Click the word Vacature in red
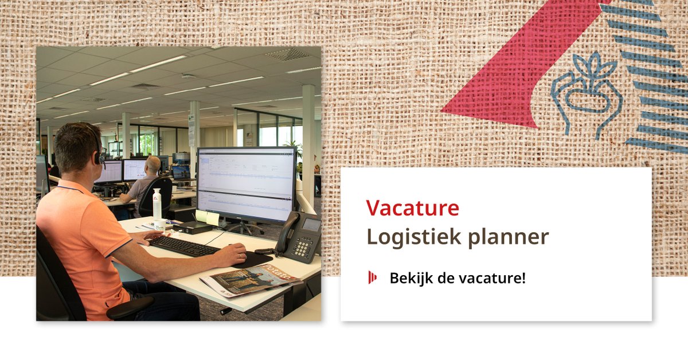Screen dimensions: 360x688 pyautogui.click(x=412, y=208)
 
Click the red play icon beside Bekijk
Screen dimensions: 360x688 pyautogui.click(x=372, y=278)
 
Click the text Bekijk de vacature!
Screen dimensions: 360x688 pyautogui.click(x=457, y=279)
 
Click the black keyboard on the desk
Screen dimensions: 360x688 pyautogui.click(x=183, y=246)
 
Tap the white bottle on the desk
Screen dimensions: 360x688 pyautogui.click(x=157, y=205)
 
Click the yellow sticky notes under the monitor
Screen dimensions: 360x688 pyautogui.click(x=207, y=217)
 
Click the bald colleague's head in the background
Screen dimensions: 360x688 pyautogui.click(x=153, y=165)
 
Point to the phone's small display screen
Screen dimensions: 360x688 pyautogui.click(x=311, y=225)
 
